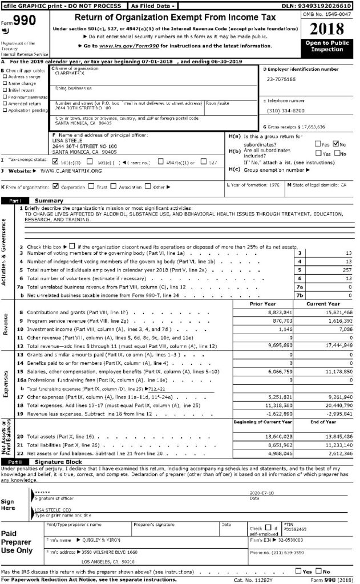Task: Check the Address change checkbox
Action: [x=5, y=76]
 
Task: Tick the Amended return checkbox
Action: [x=5, y=103]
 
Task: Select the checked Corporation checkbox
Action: [x=55, y=186]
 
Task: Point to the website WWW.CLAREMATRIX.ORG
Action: [x=71, y=171]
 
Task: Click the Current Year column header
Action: [x=323, y=304]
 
